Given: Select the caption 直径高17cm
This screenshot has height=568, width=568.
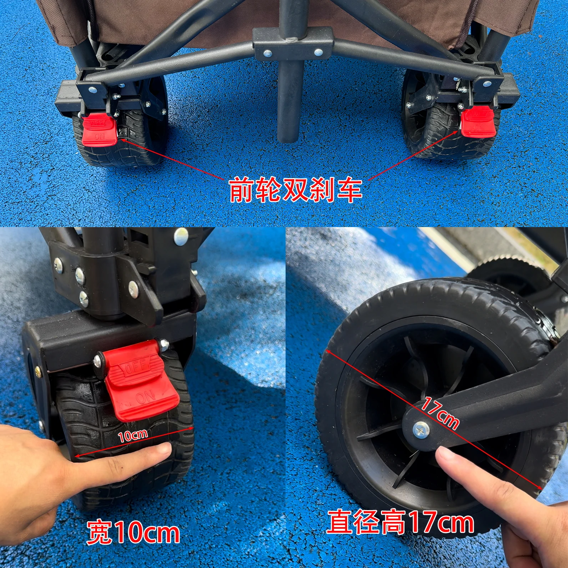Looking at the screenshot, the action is (401, 524).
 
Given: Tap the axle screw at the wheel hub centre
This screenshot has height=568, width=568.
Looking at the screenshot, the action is (421, 431).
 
